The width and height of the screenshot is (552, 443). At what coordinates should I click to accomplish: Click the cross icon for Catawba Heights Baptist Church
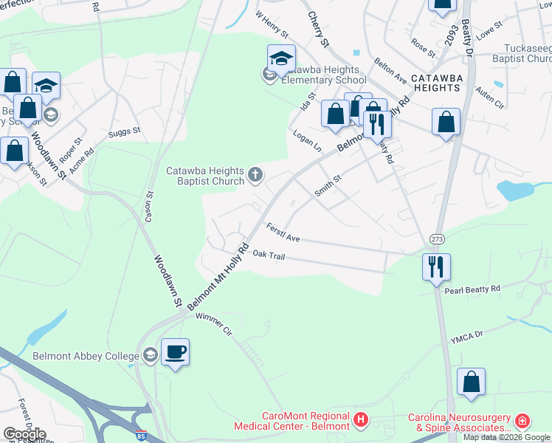[x=255, y=176]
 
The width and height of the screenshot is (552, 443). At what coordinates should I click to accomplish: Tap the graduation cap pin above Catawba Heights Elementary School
[x=281, y=58]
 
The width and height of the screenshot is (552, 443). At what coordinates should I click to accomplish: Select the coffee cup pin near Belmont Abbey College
[x=175, y=352]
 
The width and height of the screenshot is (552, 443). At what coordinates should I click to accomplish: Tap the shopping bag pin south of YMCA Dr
[x=471, y=382]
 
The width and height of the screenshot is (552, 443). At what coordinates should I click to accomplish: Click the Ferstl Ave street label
[x=283, y=233]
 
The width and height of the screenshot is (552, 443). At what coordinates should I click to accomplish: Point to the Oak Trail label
[x=269, y=255]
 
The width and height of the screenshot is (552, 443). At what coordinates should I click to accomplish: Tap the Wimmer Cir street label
[x=214, y=325]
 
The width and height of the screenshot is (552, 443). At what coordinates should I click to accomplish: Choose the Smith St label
[x=328, y=185]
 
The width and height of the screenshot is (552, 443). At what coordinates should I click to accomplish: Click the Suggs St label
[x=123, y=132]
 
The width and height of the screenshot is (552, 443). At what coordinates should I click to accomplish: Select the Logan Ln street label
[x=308, y=142]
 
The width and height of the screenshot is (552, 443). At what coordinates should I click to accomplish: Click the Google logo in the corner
[x=25, y=433]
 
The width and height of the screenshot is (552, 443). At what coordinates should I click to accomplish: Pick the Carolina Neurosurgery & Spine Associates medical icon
[x=522, y=421]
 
